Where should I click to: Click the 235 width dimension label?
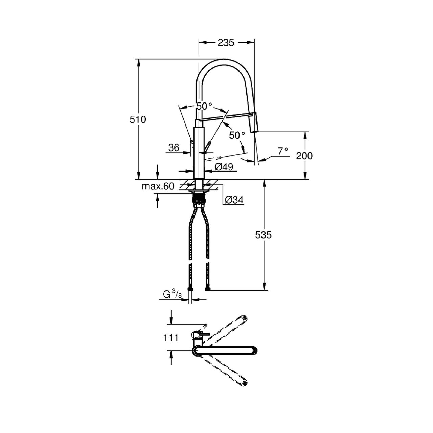(x=226, y=43)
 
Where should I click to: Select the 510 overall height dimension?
(x=138, y=119)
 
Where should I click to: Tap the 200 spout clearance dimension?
(x=304, y=156)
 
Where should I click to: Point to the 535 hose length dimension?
(x=263, y=235)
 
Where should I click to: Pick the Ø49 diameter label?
(x=224, y=167)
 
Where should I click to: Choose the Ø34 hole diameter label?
(x=234, y=200)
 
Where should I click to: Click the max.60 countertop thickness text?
(x=158, y=186)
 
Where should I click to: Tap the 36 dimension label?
(x=174, y=147)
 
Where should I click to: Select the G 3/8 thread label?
(x=172, y=294)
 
